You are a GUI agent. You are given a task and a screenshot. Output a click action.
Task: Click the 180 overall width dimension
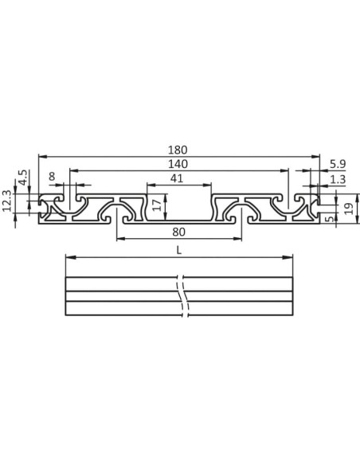tap(179, 149)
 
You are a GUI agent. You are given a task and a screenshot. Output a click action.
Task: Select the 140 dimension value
tap(179, 163)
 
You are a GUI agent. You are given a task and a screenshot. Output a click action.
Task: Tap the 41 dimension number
tap(179, 178)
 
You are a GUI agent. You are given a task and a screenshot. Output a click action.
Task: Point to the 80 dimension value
tap(179, 232)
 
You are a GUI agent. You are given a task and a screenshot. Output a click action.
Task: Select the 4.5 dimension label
tap(23, 177)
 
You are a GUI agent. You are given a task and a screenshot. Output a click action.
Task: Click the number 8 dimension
tap(52, 178)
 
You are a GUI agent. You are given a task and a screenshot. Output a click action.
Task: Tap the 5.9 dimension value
tap(336, 164)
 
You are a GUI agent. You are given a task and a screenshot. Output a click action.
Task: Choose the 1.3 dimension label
tap(336, 180)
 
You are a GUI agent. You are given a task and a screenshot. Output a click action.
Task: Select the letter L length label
tap(179, 248)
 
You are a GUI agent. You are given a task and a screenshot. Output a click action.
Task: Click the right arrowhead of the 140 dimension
tap(285, 170)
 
